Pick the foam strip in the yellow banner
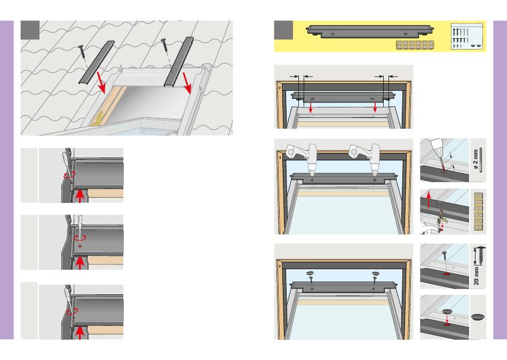tap(416, 45)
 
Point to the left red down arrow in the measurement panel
tap(311, 106)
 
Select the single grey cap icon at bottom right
tap(478, 317)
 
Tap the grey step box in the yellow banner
tap(283, 30)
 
